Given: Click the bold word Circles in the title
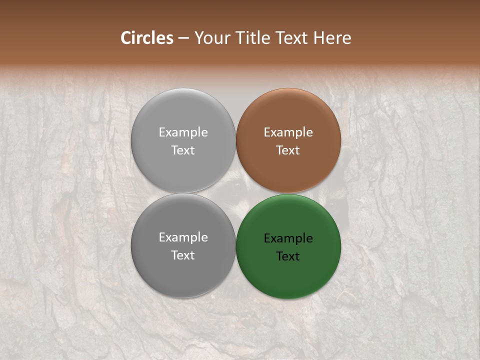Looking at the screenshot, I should click(147, 38).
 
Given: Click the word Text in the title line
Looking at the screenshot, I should click(290, 38).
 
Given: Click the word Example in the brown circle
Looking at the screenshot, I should click(288, 132).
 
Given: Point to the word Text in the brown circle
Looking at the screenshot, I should click(288, 150).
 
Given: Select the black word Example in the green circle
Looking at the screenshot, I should click(288, 238).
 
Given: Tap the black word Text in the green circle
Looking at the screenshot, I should click(288, 256).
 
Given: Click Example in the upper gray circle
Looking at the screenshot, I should click(183, 132).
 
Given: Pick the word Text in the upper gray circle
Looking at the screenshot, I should click(183, 150).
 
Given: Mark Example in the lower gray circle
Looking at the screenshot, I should click(183, 237).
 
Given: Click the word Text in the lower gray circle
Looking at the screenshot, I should click(183, 255).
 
